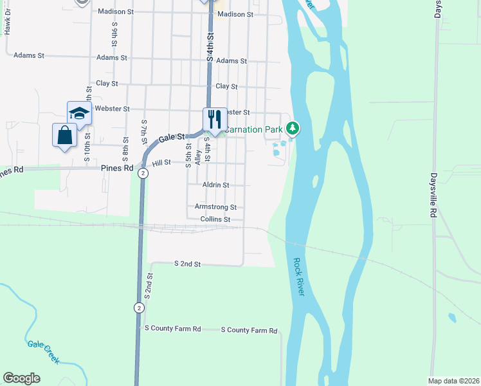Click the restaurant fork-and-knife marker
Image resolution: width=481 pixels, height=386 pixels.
point(215,119)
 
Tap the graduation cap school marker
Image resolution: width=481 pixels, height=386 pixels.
point(79,113)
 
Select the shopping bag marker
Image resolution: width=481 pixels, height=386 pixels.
point(64,135)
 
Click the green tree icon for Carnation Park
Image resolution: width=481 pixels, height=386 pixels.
point(293,129)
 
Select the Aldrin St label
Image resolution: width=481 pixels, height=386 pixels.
point(215,185)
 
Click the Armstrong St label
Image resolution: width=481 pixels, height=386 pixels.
point(215,207)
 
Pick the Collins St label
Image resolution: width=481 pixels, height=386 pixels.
point(215,219)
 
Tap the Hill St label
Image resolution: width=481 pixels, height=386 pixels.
point(161,163)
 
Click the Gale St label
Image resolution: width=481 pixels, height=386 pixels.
point(172,137)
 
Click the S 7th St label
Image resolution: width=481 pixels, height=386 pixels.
point(144,131)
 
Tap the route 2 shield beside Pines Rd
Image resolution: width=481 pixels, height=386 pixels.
point(143,174)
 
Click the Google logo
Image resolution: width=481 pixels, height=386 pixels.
point(21,378)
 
